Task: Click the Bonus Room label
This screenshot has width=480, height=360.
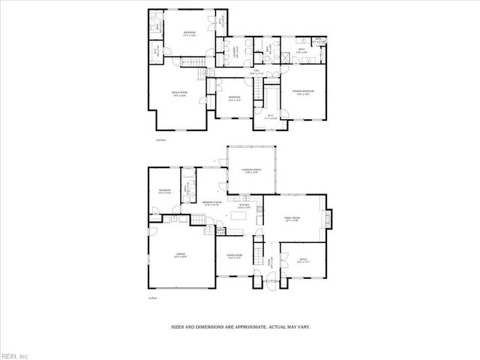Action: pyautogui.click(x=179, y=93)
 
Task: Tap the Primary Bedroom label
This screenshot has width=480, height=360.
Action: pyautogui.click(x=303, y=91)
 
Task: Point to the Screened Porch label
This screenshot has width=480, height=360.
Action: pyautogui.click(x=251, y=172)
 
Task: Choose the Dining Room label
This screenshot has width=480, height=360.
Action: pyautogui.click(x=235, y=257)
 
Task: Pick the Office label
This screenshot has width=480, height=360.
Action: pyautogui.click(x=302, y=262)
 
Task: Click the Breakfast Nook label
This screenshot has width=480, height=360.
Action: pyautogui.click(x=213, y=203)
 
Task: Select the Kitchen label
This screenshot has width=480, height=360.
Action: pyautogui.click(x=244, y=205)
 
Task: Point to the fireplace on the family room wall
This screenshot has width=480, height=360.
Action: pyautogui.click(x=330, y=219)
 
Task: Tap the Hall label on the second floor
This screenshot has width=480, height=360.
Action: pyautogui.click(x=256, y=71)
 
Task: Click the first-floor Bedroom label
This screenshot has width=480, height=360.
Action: pyautogui.click(x=164, y=192)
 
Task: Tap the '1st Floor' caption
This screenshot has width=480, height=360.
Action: pyautogui.click(x=152, y=298)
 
